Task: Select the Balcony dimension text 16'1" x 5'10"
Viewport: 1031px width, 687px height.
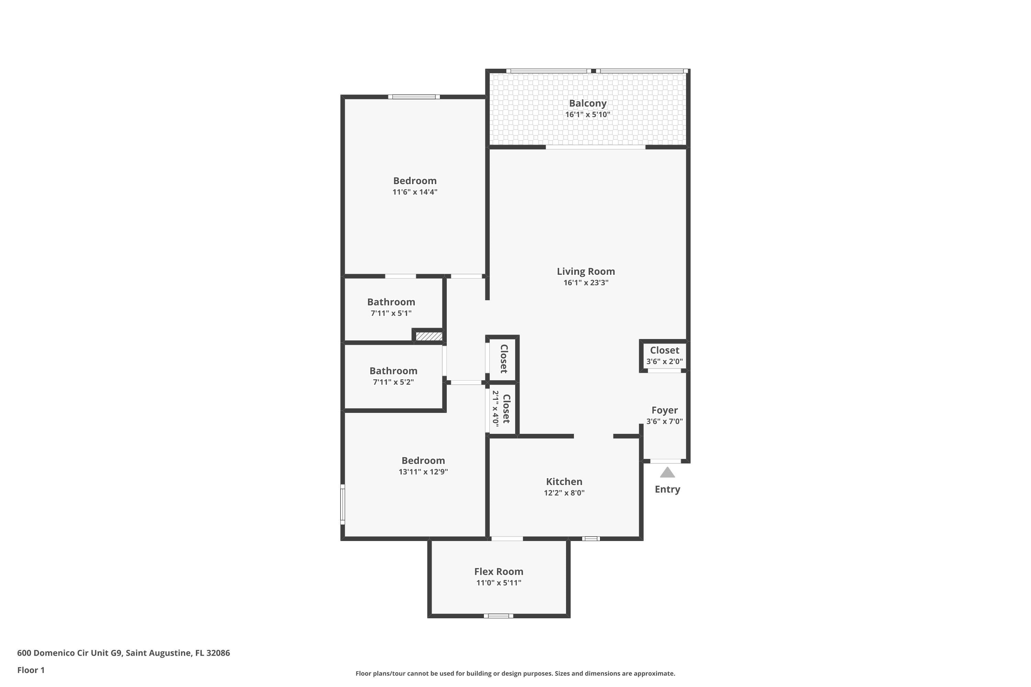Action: [587, 115]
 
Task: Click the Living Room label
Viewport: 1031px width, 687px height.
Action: [586, 271]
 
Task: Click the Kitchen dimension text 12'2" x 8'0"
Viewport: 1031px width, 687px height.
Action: [564, 493]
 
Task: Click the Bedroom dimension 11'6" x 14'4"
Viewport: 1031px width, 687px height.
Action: [415, 192]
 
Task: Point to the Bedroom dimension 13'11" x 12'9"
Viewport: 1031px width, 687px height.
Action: [423, 472]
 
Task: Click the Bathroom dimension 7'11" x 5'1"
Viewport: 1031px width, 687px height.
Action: [391, 313]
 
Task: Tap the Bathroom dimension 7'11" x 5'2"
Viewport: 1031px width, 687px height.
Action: [393, 382]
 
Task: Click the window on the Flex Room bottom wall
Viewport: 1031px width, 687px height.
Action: [498, 616]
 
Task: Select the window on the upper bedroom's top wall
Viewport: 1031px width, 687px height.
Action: [414, 97]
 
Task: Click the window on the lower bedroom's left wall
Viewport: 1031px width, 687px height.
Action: [343, 504]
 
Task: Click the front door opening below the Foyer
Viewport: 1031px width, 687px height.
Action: [665, 461]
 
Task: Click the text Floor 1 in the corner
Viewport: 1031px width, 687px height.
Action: [31, 670]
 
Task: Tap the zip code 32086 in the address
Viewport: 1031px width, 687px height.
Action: [218, 653]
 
